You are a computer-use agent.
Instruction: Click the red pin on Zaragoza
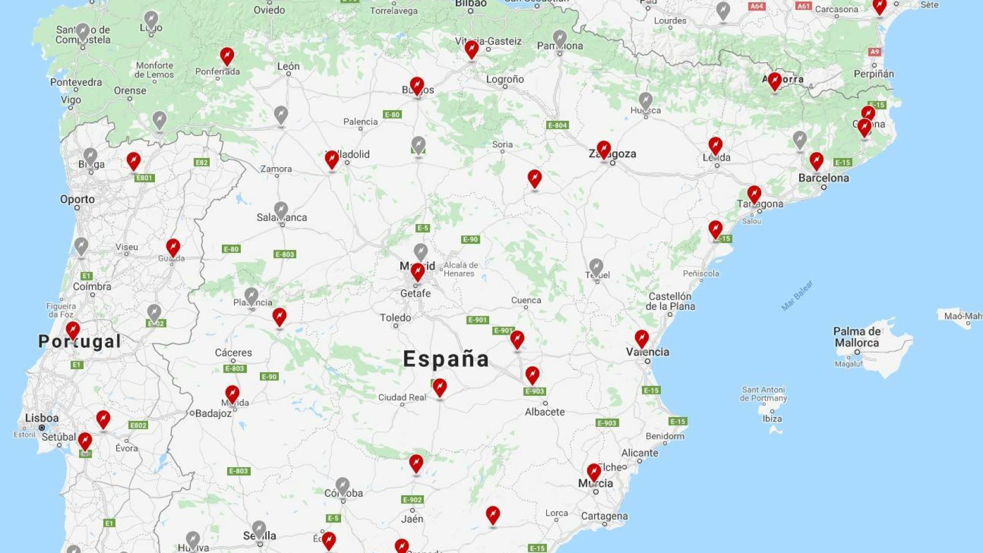(x=603, y=150)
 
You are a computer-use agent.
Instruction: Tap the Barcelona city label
(x=823, y=178)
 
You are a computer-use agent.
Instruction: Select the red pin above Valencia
(x=641, y=339)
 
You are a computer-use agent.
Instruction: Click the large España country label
(x=446, y=359)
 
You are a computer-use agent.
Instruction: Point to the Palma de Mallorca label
(x=857, y=337)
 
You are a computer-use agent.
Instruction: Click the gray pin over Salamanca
(x=281, y=210)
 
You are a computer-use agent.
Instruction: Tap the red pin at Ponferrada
(x=227, y=56)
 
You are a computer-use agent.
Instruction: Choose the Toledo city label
(x=395, y=317)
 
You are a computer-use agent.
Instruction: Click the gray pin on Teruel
(x=596, y=267)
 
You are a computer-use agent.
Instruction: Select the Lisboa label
(x=41, y=418)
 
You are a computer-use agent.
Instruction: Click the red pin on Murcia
(x=593, y=472)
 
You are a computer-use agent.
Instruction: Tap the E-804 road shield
(x=557, y=125)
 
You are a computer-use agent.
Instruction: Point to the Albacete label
(x=545, y=412)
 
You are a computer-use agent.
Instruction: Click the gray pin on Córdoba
(x=342, y=486)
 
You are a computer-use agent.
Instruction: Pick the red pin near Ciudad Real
(x=439, y=387)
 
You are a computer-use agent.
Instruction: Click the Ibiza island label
(x=772, y=419)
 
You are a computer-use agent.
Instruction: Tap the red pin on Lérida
(x=715, y=146)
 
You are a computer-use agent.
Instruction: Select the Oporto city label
(x=77, y=199)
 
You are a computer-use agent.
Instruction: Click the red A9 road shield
(x=875, y=52)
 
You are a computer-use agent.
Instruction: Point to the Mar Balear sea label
(x=797, y=296)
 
